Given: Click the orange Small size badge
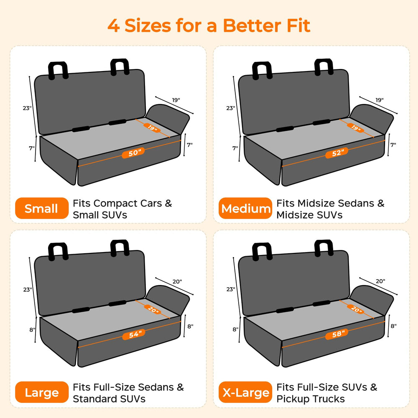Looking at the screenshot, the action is (x=41, y=208).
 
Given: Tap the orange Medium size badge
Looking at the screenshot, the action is (x=245, y=208).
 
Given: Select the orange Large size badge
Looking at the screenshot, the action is (x=41, y=392).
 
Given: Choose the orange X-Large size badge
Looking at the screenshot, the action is (x=245, y=392).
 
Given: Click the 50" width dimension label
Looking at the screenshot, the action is (x=133, y=153).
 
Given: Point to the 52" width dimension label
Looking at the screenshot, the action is (x=336, y=153).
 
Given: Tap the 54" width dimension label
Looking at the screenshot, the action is (x=134, y=334).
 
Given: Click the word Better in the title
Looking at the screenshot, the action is (x=252, y=25).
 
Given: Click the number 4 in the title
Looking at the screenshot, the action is (x=113, y=26).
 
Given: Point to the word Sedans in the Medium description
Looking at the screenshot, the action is (x=356, y=203).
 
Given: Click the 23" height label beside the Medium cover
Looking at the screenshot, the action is (x=231, y=108).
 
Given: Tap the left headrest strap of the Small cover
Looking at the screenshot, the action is (x=58, y=71).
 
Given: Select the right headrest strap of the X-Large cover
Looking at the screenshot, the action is (x=324, y=248).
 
